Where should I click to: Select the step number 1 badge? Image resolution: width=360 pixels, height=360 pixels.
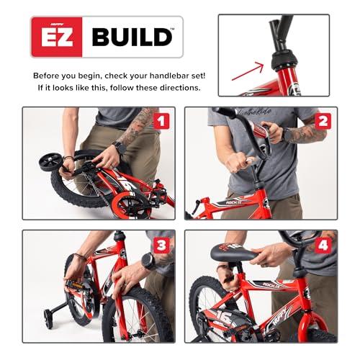click(160, 121)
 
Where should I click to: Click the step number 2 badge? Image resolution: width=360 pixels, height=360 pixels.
click(323, 121)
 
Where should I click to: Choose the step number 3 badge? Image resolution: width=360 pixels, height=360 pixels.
click(160, 244)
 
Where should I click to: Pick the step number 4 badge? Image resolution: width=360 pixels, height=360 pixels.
click(323, 244)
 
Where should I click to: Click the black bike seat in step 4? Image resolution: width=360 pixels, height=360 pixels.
click(233, 253)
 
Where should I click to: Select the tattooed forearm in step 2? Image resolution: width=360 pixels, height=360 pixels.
click(302, 132)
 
